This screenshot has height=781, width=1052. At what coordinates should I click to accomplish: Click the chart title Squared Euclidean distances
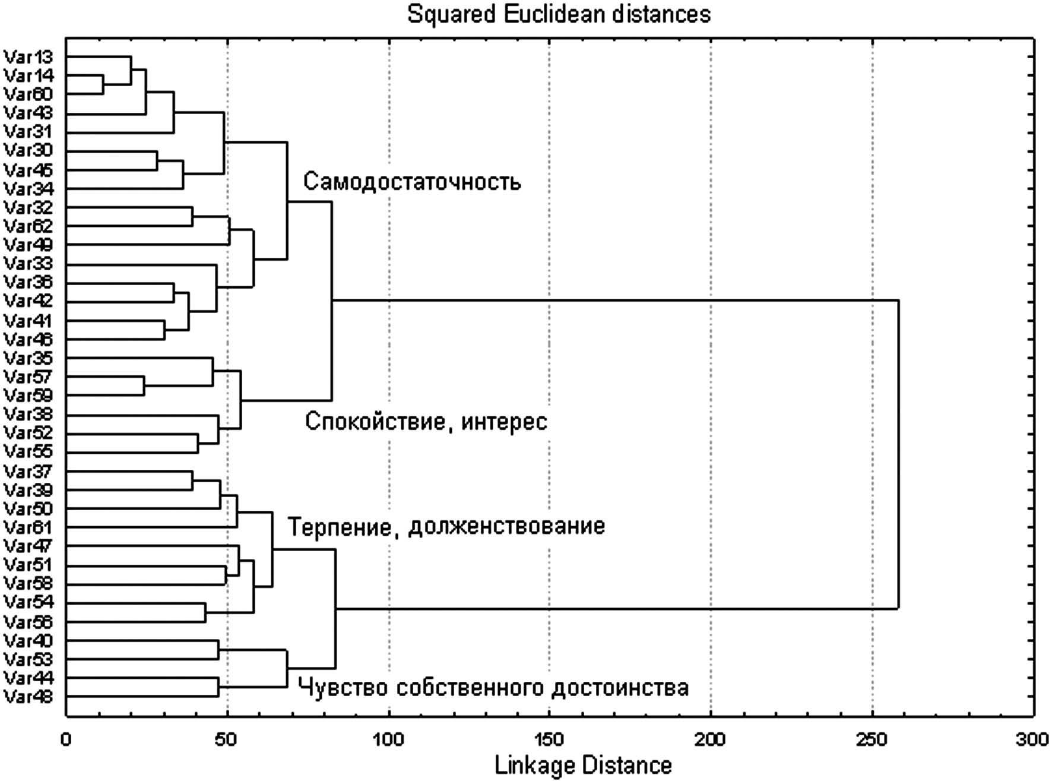tap(559, 14)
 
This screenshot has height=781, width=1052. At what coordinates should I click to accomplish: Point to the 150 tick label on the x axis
tap(549, 740)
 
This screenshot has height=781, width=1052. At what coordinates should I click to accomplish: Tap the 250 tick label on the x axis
tap(872, 740)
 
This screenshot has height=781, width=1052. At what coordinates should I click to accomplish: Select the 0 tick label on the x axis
tap(66, 740)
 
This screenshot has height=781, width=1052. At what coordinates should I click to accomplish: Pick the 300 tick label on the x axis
tap(1033, 740)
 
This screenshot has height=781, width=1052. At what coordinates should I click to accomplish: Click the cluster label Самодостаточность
tap(412, 182)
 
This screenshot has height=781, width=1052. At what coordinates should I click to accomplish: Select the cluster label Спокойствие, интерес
tap(426, 422)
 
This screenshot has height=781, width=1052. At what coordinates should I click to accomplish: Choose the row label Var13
tap(28, 57)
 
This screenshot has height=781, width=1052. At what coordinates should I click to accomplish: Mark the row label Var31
tap(28, 131)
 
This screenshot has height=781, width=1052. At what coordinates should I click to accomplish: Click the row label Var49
tap(28, 245)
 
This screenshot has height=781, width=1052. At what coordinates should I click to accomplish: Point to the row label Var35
tap(28, 358)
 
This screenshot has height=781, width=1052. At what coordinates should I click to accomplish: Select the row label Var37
tap(28, 472)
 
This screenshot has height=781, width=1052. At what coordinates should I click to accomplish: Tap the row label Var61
tap(28, 527)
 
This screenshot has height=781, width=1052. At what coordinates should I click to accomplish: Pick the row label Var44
tap(28, 678)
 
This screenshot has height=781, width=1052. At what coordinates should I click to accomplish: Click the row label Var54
tap(28, 603)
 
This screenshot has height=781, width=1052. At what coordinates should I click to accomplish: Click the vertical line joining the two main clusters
tap(898, 454)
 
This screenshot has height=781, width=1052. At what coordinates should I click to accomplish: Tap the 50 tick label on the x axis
tap(227, 740)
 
